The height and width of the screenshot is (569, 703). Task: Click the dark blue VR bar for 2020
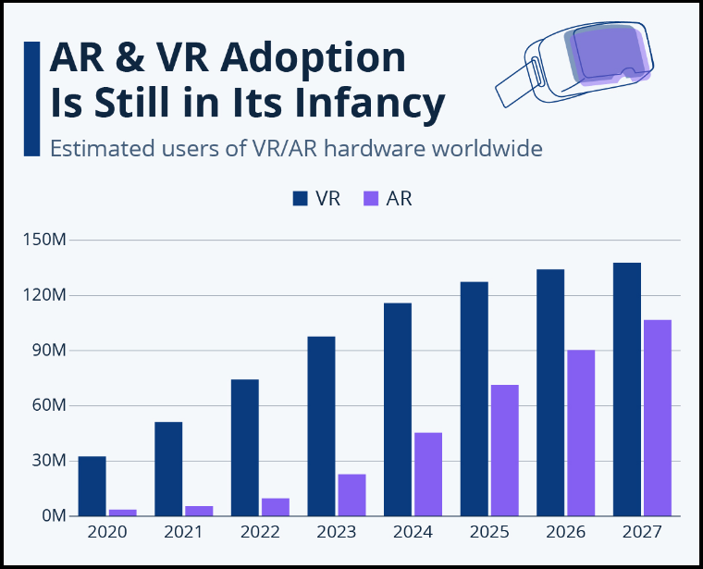[x=92, y=486]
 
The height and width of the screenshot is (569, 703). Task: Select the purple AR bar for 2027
[x=658, y=417]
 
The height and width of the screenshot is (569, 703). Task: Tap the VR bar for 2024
[x=398, y=409]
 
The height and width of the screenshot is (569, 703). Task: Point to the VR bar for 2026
[x=550, y=392]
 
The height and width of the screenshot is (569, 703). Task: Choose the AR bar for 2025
[x=504, y=450]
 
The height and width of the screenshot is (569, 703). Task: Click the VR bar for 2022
[x=245, y=447]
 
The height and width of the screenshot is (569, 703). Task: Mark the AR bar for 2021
[x=199, y=510]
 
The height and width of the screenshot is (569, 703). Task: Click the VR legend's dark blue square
[x=301, y=198]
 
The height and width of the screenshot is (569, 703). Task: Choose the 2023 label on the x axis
[x=336, y=532]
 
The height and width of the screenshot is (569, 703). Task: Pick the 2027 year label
[x=642, y=532]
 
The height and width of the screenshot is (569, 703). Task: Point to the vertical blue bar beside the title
[x=31, y=98]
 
